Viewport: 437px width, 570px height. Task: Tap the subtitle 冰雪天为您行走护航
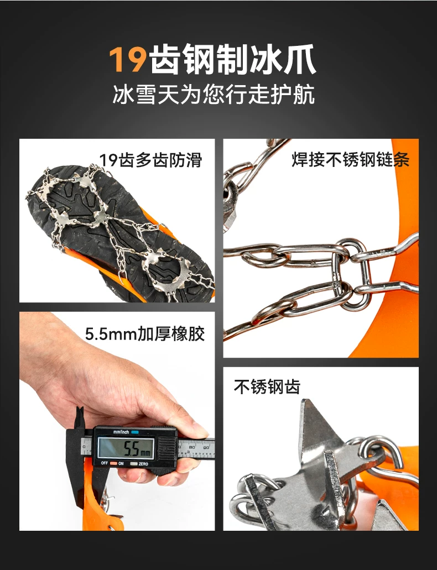pyautogui.click(x=214, y=95)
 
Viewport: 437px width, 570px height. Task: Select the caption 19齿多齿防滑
pyautogui.click(x=150, y=160)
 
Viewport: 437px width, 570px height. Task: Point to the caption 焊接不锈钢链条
pyautogui.click(x=350, y=160)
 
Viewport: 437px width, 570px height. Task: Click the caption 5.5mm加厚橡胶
pyautogui.click(x=145, y=334)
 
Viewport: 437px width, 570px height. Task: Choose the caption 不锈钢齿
pyautogui.click(x=267, y=387)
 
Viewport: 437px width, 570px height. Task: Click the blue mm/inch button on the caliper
pyautogui.click(x=135, y=432)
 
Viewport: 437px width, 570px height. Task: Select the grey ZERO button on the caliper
pyautogui.click(x=134, y=464)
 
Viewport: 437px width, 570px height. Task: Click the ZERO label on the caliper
pyautogui.click(x=143, y=464)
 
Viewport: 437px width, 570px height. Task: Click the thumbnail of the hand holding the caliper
pyautogui.click(x=117, y=421)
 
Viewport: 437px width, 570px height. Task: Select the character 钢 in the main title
pyautogui.click(x=197, y=60)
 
